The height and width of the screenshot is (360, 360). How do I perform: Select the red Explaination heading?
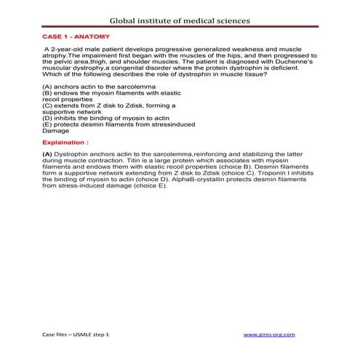65,143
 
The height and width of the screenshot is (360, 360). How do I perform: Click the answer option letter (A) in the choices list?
48,87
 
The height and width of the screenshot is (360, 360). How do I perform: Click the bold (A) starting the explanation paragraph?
48,155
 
